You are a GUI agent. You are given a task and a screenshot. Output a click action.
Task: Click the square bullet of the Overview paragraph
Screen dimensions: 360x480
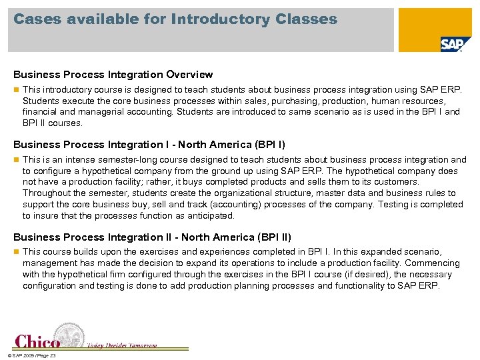pos(16,89)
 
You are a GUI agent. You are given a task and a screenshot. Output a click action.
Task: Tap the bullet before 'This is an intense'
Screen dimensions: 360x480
pos(16,160)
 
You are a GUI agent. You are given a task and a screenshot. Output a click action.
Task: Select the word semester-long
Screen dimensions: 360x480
pos(129,160)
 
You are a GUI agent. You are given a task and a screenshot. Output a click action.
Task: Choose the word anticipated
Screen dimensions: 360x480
pos(211,216)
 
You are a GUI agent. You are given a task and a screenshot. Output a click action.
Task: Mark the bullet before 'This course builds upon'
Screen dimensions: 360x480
pos(16,252)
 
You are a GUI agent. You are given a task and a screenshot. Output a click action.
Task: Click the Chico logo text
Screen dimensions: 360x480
pos(37,341)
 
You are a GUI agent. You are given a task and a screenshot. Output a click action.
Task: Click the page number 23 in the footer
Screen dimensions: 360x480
pos(53,356)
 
